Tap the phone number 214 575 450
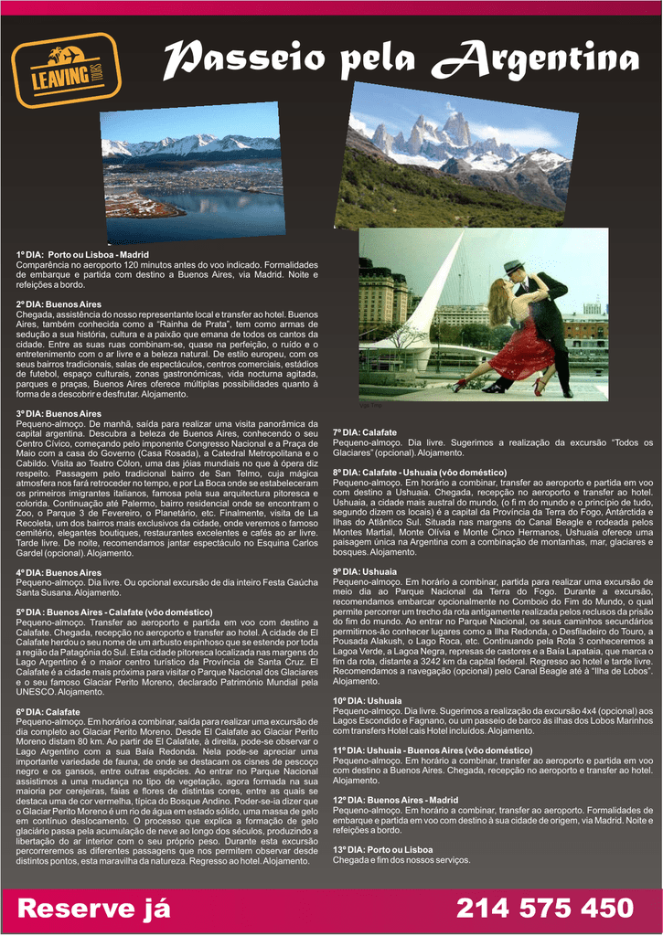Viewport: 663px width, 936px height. [544, 908]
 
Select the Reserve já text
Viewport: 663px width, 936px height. [94, 908]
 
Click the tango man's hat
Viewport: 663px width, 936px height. [512, 267]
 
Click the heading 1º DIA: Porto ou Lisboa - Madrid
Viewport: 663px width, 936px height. [82, 254]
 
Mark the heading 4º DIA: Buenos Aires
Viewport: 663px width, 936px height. [59, 572]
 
